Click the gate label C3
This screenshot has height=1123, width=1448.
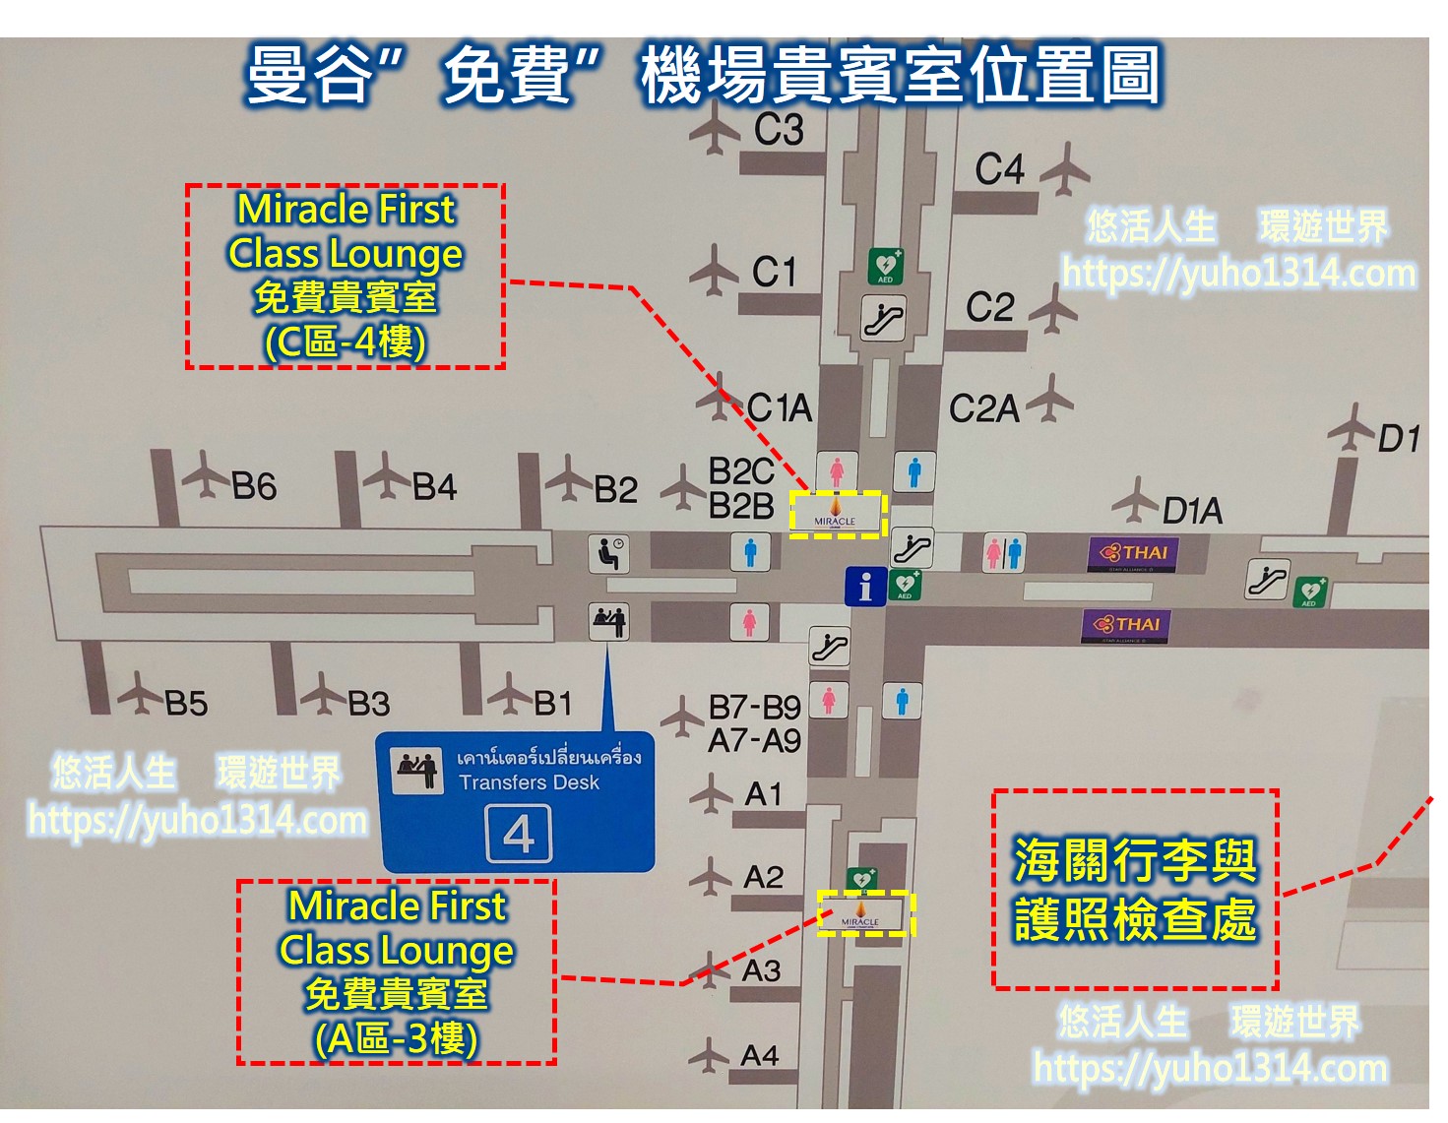click(779, 129)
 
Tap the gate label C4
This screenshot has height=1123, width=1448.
click(999, 169)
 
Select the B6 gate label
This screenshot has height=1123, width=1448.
click(254, 486)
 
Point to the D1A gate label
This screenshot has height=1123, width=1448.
click(1192, 511)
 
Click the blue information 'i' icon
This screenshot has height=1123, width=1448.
click(865, 587)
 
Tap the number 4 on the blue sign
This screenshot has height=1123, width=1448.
click(519, 835)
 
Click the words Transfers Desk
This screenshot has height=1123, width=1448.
click(529, 782)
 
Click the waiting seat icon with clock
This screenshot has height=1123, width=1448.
click(608, 553)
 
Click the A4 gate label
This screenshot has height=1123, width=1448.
click(760, 1056)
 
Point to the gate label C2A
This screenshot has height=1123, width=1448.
click(983, 408)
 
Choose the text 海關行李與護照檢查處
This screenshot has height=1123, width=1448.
click(1135, 890)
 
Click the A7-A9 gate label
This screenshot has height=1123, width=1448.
click(755, 740)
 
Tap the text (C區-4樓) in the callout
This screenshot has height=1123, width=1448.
click(346, 342)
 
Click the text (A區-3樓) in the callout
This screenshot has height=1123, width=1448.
click(397, 1038)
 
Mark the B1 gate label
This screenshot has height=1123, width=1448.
click(552, 703)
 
